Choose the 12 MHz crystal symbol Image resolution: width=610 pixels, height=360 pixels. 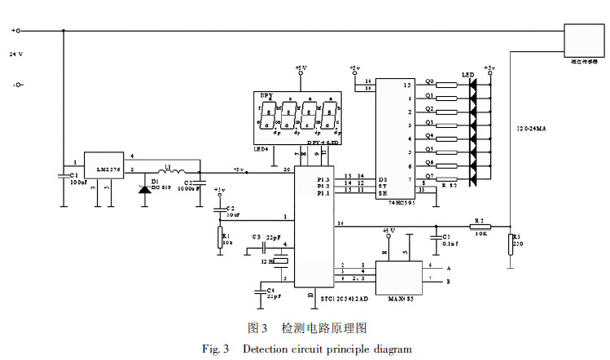point(282,261)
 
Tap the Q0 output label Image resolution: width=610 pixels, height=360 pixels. point(429,81)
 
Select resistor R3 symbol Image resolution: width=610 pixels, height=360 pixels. point(511,243)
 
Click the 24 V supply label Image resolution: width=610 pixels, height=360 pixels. point(16,55)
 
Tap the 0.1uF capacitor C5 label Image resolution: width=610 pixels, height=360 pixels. point(450,243)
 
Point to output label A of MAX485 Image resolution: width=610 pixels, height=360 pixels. point(448,266)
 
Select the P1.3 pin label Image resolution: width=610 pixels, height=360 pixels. point(324,178)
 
